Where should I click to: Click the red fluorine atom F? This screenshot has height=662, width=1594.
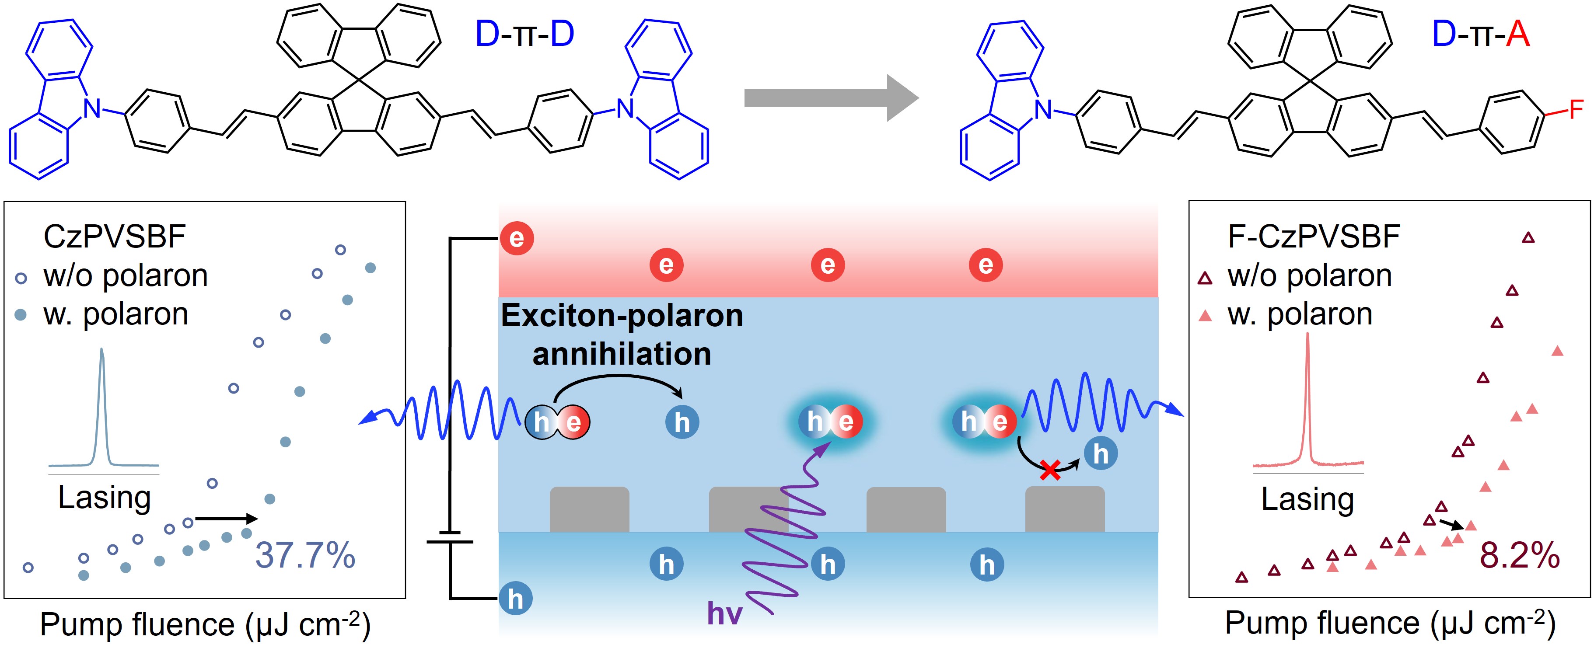[1576, 110]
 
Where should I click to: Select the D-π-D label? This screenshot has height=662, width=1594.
[524, 34]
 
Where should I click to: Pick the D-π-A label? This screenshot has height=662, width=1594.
[1480, 34]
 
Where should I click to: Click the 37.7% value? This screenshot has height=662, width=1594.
[305, 555]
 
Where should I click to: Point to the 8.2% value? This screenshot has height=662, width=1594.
[1519, 555]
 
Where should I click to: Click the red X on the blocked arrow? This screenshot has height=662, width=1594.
[1050, 470]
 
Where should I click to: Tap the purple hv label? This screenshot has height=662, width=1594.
[724, 614]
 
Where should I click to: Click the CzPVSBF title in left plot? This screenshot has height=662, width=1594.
[115, 237]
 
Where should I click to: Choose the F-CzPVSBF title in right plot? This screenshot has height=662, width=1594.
[1314, 237]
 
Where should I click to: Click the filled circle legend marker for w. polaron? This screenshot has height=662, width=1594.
[21, 315]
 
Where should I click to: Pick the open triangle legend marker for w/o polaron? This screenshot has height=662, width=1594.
[1205, 279]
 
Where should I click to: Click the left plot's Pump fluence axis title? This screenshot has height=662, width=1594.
[205, 625]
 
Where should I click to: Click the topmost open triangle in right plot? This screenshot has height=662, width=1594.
[1528, 237]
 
